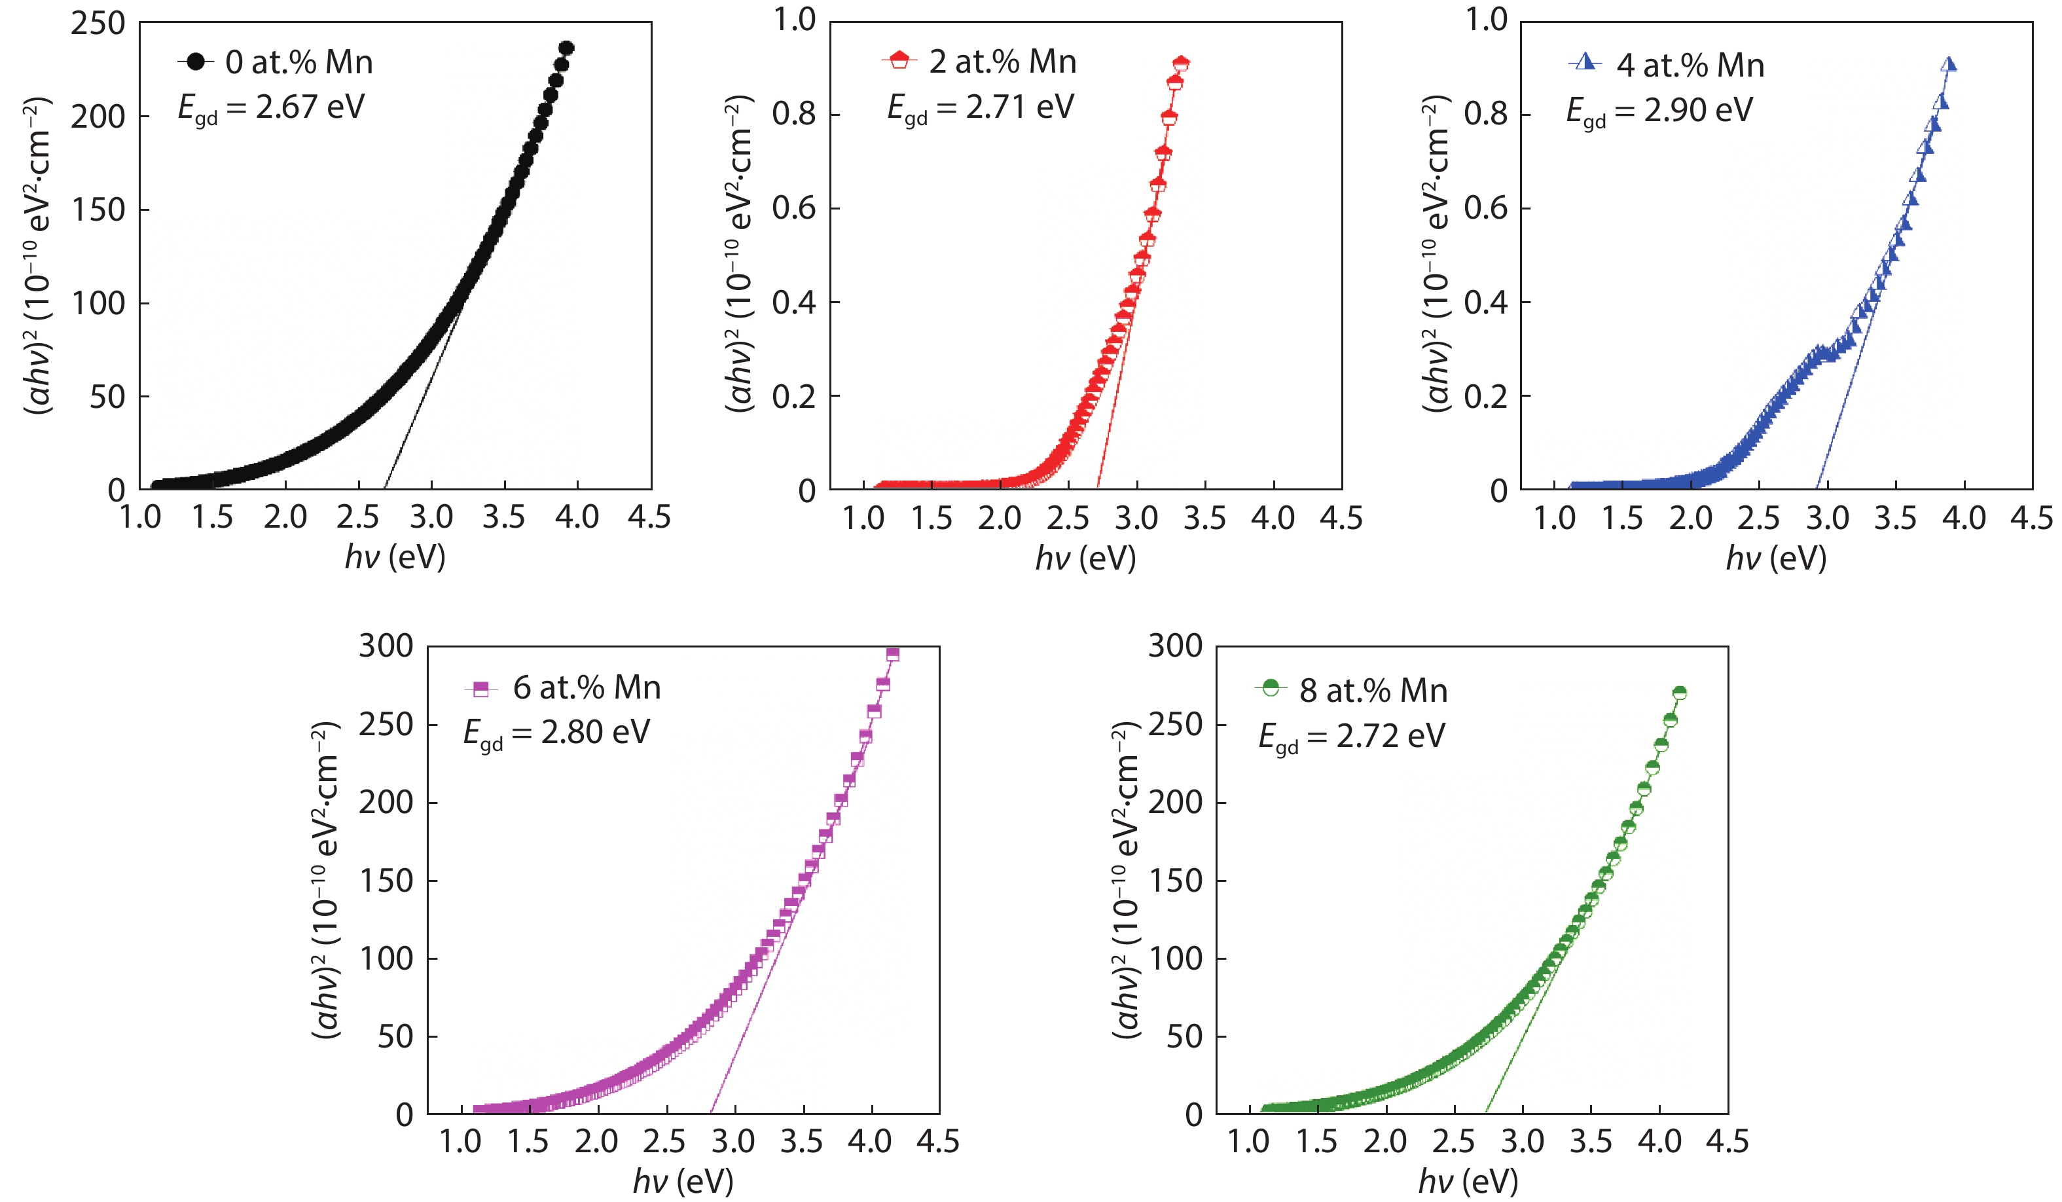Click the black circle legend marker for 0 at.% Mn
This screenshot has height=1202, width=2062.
click(x=196, y=62)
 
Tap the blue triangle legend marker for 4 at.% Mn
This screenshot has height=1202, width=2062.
click(x=1585, y=62)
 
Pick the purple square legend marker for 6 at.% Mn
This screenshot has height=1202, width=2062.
click(x=481, y=688)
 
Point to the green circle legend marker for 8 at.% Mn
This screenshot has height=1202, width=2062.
click(x=1270, y=687)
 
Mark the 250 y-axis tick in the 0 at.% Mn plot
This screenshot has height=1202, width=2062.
click(x=98, y=24)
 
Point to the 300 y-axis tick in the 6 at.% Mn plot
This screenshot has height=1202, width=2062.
click(x=386, y=646)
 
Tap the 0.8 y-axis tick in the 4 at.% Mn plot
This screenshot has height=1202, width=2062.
click(x=1485, y=115)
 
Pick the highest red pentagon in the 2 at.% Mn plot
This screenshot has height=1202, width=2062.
click(x=1181, y=64)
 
